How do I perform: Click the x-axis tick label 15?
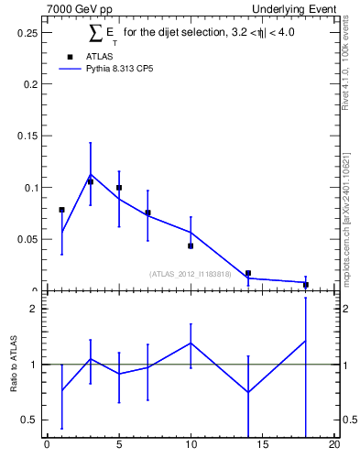tap(262, 446)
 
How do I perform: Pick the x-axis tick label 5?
tap(119, 446)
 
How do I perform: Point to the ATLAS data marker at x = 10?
tap(191, 245)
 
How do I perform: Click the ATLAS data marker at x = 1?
tap(61, 210)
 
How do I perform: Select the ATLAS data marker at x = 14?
tap(248, 273)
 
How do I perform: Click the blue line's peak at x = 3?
tap(90, 174)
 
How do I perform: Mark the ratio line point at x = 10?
tap(191, 343)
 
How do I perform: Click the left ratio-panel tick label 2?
tap(33, 309)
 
